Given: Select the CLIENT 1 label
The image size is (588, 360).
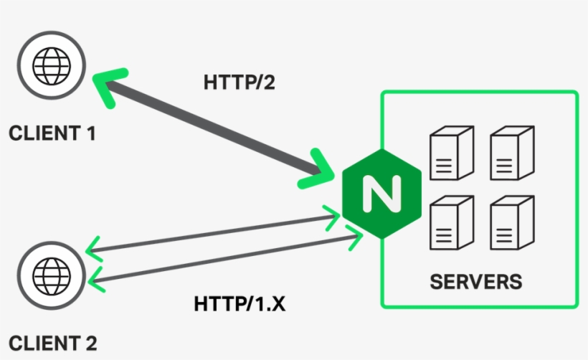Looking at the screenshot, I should [52, 133].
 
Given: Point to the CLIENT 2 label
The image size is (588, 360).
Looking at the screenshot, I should [52, 342].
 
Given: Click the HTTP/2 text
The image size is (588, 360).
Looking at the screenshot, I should [240, 82].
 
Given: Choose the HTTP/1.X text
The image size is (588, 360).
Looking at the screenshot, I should [240, 304].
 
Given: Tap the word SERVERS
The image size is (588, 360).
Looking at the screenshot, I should [475, 281].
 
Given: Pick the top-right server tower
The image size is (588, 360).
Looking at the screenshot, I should [511, 153].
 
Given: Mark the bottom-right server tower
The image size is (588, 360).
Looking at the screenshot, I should [511, 224].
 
